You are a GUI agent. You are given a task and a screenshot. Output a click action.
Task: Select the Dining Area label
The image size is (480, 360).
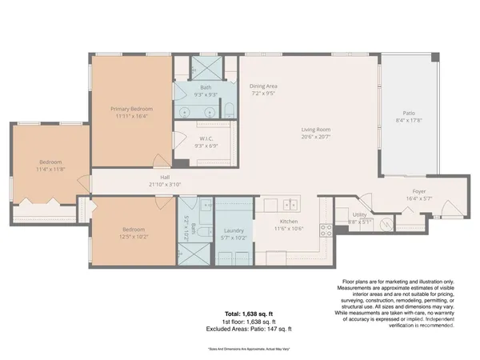coord(264,85)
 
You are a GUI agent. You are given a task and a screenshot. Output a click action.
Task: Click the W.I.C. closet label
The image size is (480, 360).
coord(206,138)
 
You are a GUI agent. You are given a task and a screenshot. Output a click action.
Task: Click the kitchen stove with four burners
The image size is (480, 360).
coord(326,231)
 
